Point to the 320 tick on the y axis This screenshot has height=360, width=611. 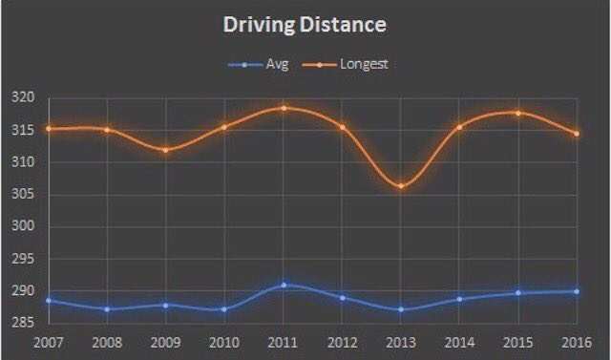click(x=22, y=97)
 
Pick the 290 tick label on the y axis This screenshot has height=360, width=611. click(x=22, y=291)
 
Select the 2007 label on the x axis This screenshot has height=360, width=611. click(x=48, y=341)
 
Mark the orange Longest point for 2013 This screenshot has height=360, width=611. click(x=401, y=185)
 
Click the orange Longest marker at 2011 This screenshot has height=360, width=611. click(x=284, y=108)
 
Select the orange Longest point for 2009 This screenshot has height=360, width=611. click(x=166, y=150)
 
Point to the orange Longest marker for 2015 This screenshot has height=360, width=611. click(x=518, y=113)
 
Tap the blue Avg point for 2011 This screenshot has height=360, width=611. click(x=284, y=285)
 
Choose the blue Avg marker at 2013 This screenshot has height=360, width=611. click(x=401, y=308)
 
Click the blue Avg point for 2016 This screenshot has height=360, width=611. click(x=577, y=291)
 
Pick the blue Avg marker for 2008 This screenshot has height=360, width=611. click(x=107, y=308)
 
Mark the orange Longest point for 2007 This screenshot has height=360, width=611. click(x=48, y=128)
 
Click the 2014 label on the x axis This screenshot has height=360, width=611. click(x=459, y=341)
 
